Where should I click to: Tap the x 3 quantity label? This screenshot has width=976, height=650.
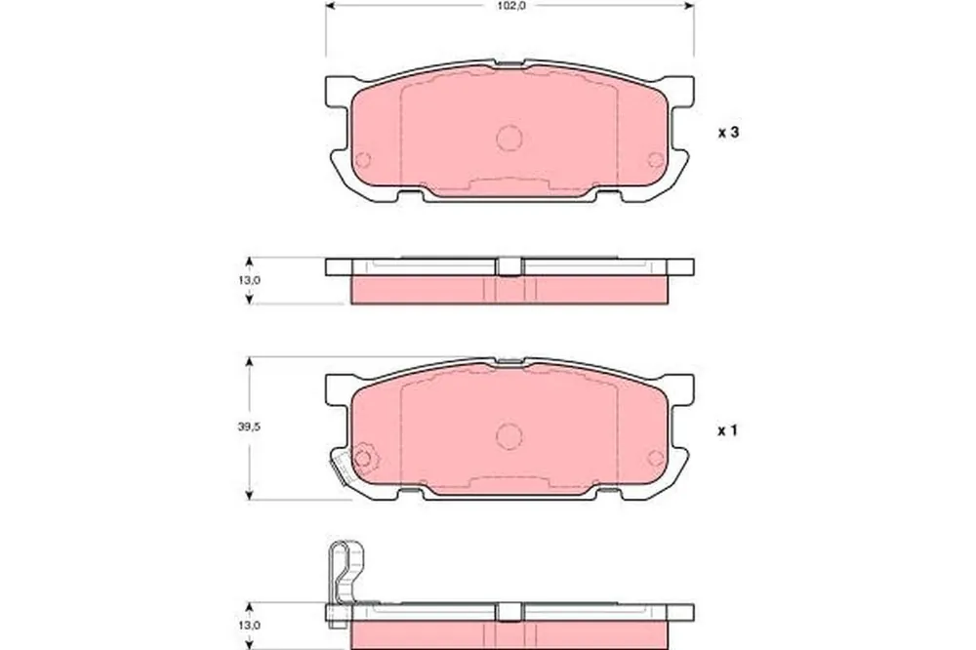click(729, 133)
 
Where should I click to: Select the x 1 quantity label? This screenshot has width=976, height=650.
click(728, 430)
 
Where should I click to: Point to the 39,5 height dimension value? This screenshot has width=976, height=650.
click(248, 427)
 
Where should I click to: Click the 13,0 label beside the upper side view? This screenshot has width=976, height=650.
click(249, 280)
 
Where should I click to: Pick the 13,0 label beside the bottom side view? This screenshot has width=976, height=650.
click(249, 625)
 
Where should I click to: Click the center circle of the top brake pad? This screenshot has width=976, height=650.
click(509, 139)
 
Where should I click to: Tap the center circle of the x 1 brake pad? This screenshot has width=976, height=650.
click(509, 436)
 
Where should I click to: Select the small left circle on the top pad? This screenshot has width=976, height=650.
click(362, 160)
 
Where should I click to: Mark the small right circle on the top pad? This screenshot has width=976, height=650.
click(655, 160)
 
